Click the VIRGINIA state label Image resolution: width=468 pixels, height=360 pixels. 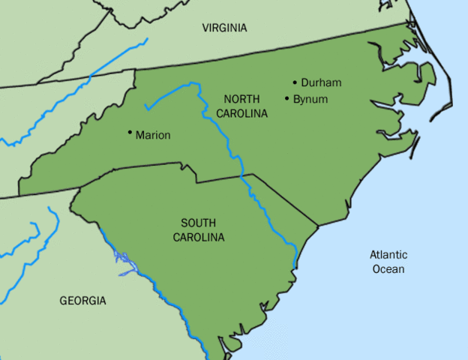click(224, 28)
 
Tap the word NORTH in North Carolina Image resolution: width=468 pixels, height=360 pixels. click(241, 100)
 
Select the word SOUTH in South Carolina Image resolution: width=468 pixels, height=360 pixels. click(199, 223)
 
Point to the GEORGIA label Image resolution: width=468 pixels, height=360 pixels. click(82, 301)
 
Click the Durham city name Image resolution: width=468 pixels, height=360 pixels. click(321, 83)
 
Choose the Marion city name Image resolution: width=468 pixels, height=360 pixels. click(153, 136)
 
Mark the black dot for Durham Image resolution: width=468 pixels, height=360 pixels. click(295, 82)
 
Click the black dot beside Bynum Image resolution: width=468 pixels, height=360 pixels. click(287, 97)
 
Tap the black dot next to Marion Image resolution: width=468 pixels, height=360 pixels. click(130, 134)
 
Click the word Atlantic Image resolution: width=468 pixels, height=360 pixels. click(388, 255)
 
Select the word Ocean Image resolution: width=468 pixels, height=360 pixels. click(388, 269)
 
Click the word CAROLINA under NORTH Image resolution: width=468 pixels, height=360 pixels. click(241, 113)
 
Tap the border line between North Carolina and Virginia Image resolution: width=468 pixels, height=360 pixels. click(262, 45)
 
